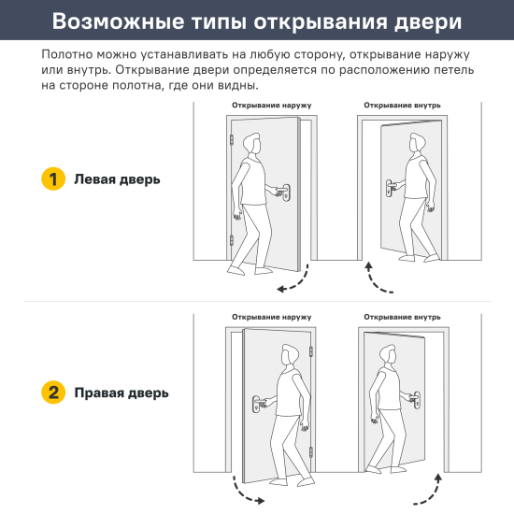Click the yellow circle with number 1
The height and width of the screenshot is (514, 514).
[53, 180]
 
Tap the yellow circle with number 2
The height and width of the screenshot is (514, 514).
[53, 393]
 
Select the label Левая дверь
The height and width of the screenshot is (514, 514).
[117, 180]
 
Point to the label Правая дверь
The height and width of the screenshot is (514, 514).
[121, 393]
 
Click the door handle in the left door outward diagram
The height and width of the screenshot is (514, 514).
[286, 193]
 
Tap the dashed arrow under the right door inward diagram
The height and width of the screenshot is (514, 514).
[428, 490]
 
